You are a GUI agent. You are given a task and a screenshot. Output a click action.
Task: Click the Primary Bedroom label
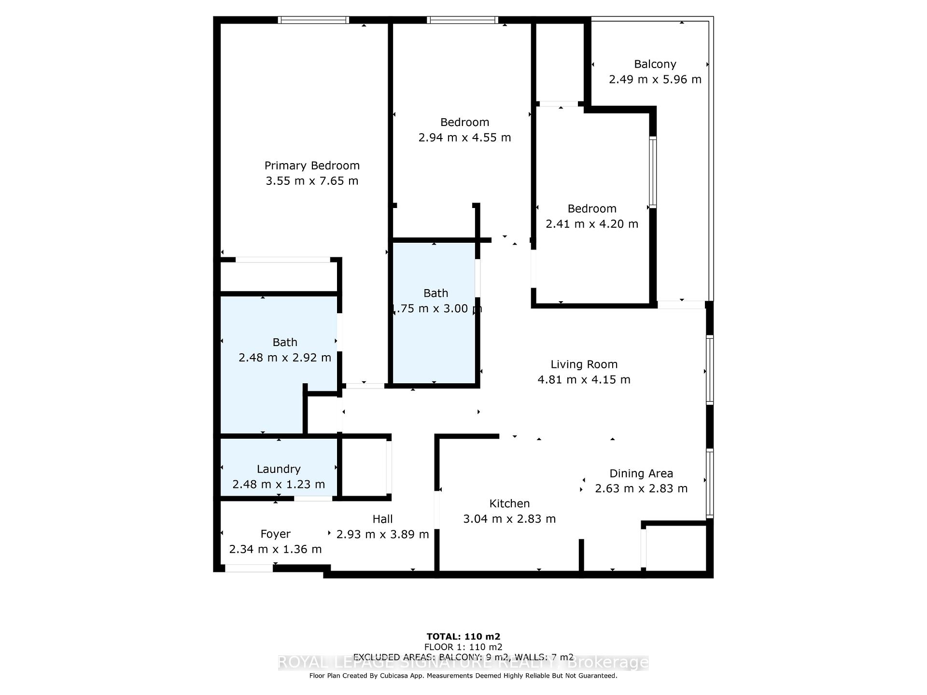(x=312, y=166)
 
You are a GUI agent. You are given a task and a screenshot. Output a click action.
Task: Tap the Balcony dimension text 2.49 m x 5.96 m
(x=655, y=80)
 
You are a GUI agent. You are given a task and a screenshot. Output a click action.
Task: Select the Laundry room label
(x=279, y=469)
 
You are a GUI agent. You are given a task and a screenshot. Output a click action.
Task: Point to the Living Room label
(x=584, y=364)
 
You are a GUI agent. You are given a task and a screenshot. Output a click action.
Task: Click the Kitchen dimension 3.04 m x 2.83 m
(x=509, y=519)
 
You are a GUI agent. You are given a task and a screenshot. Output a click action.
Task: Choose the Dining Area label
(x=641, y=473)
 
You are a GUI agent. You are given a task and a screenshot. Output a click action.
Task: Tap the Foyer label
(x=275, y=534)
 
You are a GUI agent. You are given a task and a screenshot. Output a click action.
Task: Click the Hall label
(x=382, y=519)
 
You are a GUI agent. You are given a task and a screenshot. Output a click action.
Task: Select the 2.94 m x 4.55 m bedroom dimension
(x=464, y=138)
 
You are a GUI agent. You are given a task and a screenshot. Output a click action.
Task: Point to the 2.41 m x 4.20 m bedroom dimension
(x=592, y=224)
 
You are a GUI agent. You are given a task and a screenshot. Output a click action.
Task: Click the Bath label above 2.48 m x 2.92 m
(x=285, y=342)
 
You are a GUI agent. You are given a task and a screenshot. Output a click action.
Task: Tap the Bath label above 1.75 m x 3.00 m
(x=435, y=293)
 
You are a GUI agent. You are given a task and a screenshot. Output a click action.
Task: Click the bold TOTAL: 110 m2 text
(x=463, y=637)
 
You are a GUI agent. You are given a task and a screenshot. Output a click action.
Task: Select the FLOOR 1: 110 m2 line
(x=463, y=647)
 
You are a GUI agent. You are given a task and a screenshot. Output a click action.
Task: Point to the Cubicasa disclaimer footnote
(x=463, y=676)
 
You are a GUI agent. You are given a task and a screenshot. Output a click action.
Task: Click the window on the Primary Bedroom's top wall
(x=313, y=20)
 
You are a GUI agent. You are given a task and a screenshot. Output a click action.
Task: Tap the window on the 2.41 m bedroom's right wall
(x=653, y=172)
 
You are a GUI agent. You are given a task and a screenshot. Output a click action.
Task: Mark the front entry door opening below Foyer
(x=249, y=569)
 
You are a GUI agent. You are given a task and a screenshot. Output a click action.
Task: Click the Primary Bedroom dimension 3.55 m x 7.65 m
(x=312, y=181)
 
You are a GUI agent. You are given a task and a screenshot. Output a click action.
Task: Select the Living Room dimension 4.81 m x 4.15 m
(x=584, y=380)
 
